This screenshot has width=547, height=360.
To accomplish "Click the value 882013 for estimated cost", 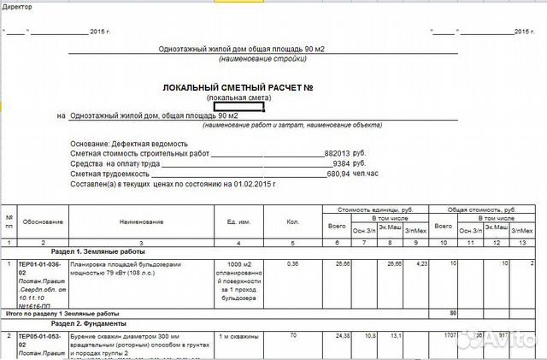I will (x=337, y=152).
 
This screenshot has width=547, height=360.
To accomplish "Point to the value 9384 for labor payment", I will (x=341, y=162).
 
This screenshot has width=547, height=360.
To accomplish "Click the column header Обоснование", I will (x=43, y=221).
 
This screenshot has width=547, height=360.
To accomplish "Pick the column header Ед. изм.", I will (x=237, y=221).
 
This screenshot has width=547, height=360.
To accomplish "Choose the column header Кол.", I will (x=293, y=221).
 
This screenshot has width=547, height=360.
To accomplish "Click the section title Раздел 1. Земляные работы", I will (x=74, y=253).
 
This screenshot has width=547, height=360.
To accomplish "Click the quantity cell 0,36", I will (x=292, y=264).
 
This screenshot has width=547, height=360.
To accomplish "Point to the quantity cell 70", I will (x=292, y=336).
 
